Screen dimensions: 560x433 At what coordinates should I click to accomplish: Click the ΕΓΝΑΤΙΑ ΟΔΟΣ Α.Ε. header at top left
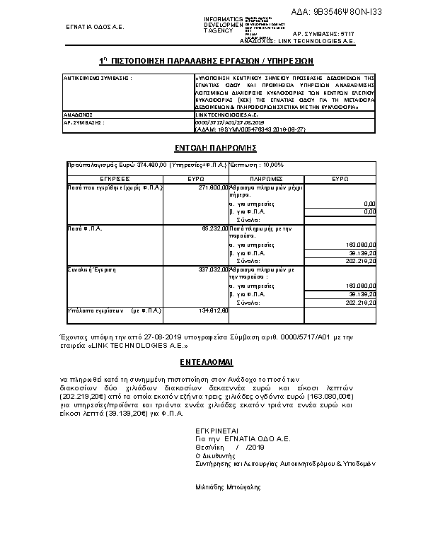point(95,27)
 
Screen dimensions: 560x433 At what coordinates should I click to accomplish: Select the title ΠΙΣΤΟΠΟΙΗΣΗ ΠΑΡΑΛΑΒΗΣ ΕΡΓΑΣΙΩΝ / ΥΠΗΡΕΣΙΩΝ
point(216,62)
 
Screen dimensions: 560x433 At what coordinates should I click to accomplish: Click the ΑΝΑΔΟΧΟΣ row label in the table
point(79,113)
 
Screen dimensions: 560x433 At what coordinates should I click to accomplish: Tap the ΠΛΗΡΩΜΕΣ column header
point(266,180)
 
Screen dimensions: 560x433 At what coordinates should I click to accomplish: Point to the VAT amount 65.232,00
point(214,228)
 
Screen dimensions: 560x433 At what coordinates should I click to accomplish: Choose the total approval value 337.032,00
point(213,269)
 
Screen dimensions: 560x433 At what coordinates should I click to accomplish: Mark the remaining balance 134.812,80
point(213,310)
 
